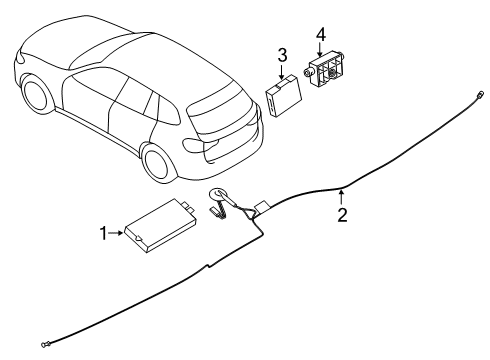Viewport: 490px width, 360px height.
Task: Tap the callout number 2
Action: [342, 213]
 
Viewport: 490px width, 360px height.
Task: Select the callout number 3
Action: [283, 55]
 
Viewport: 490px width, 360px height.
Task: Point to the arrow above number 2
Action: [342, 195]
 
